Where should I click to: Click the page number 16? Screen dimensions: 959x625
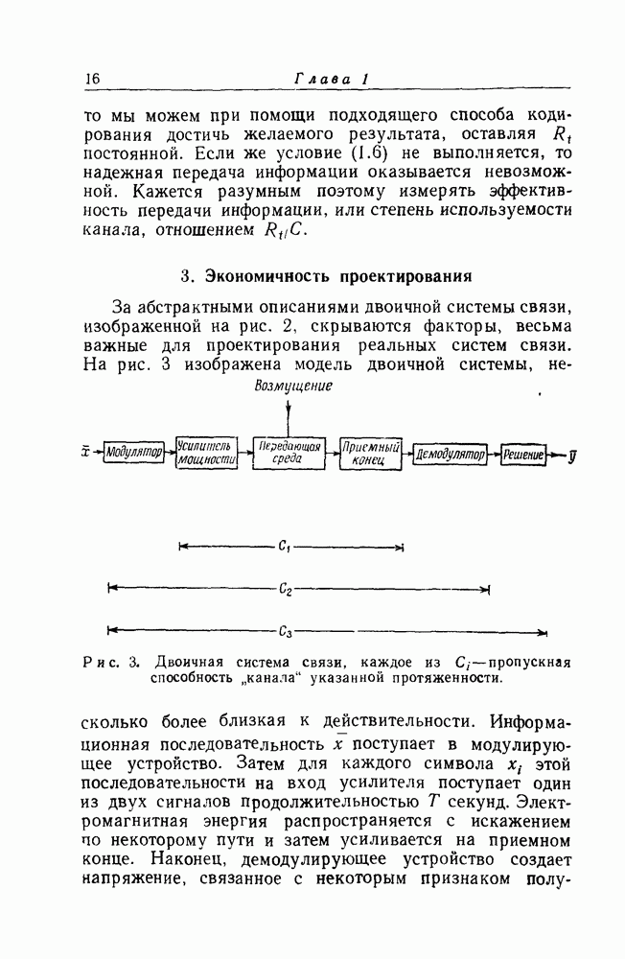pyautogui.click(x=92, y=78)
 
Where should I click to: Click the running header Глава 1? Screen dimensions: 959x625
pyautogui.click(x=330, y=78)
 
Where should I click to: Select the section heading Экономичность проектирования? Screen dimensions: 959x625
pyautogui.click(x=327, y=277)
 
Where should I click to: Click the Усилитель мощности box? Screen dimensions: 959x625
pyautogui.click(x=207, y=453)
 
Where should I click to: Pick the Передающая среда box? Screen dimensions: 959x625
pyautogui.click(x=289, y=453)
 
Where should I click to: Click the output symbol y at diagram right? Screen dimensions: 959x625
pyautogui.click(x=572, y=453)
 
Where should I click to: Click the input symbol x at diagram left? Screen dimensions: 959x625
pyautogui.click(x=87, y=451)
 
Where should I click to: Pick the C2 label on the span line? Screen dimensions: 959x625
pyautogui.click(x=286, y=590)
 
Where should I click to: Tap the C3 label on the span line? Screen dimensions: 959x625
pyautogui.click(x=286, y=632)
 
